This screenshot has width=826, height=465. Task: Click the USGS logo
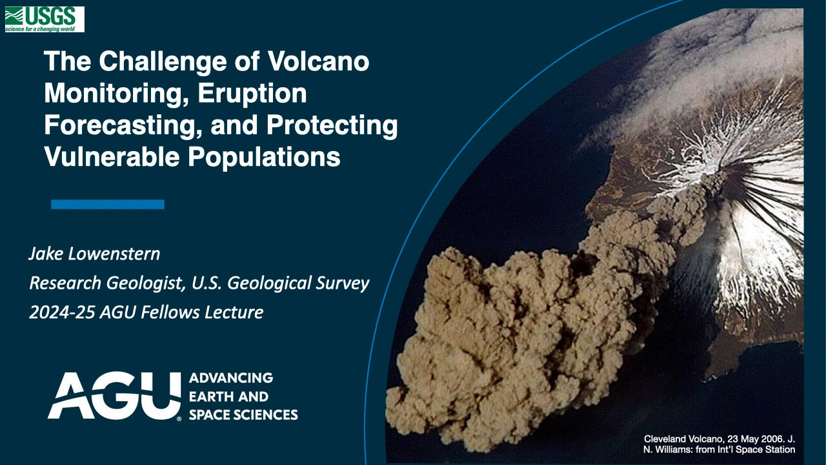[x=44, y=19]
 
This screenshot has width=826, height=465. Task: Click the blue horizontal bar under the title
[x=107, y=204]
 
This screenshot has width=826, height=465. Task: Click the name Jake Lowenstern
[x=94, y=253]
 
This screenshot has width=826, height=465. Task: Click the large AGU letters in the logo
[x=114, y=395]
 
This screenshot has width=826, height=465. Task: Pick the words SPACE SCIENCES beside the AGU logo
[x=243, y=415]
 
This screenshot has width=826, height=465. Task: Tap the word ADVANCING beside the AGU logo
[x=230, y=378]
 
